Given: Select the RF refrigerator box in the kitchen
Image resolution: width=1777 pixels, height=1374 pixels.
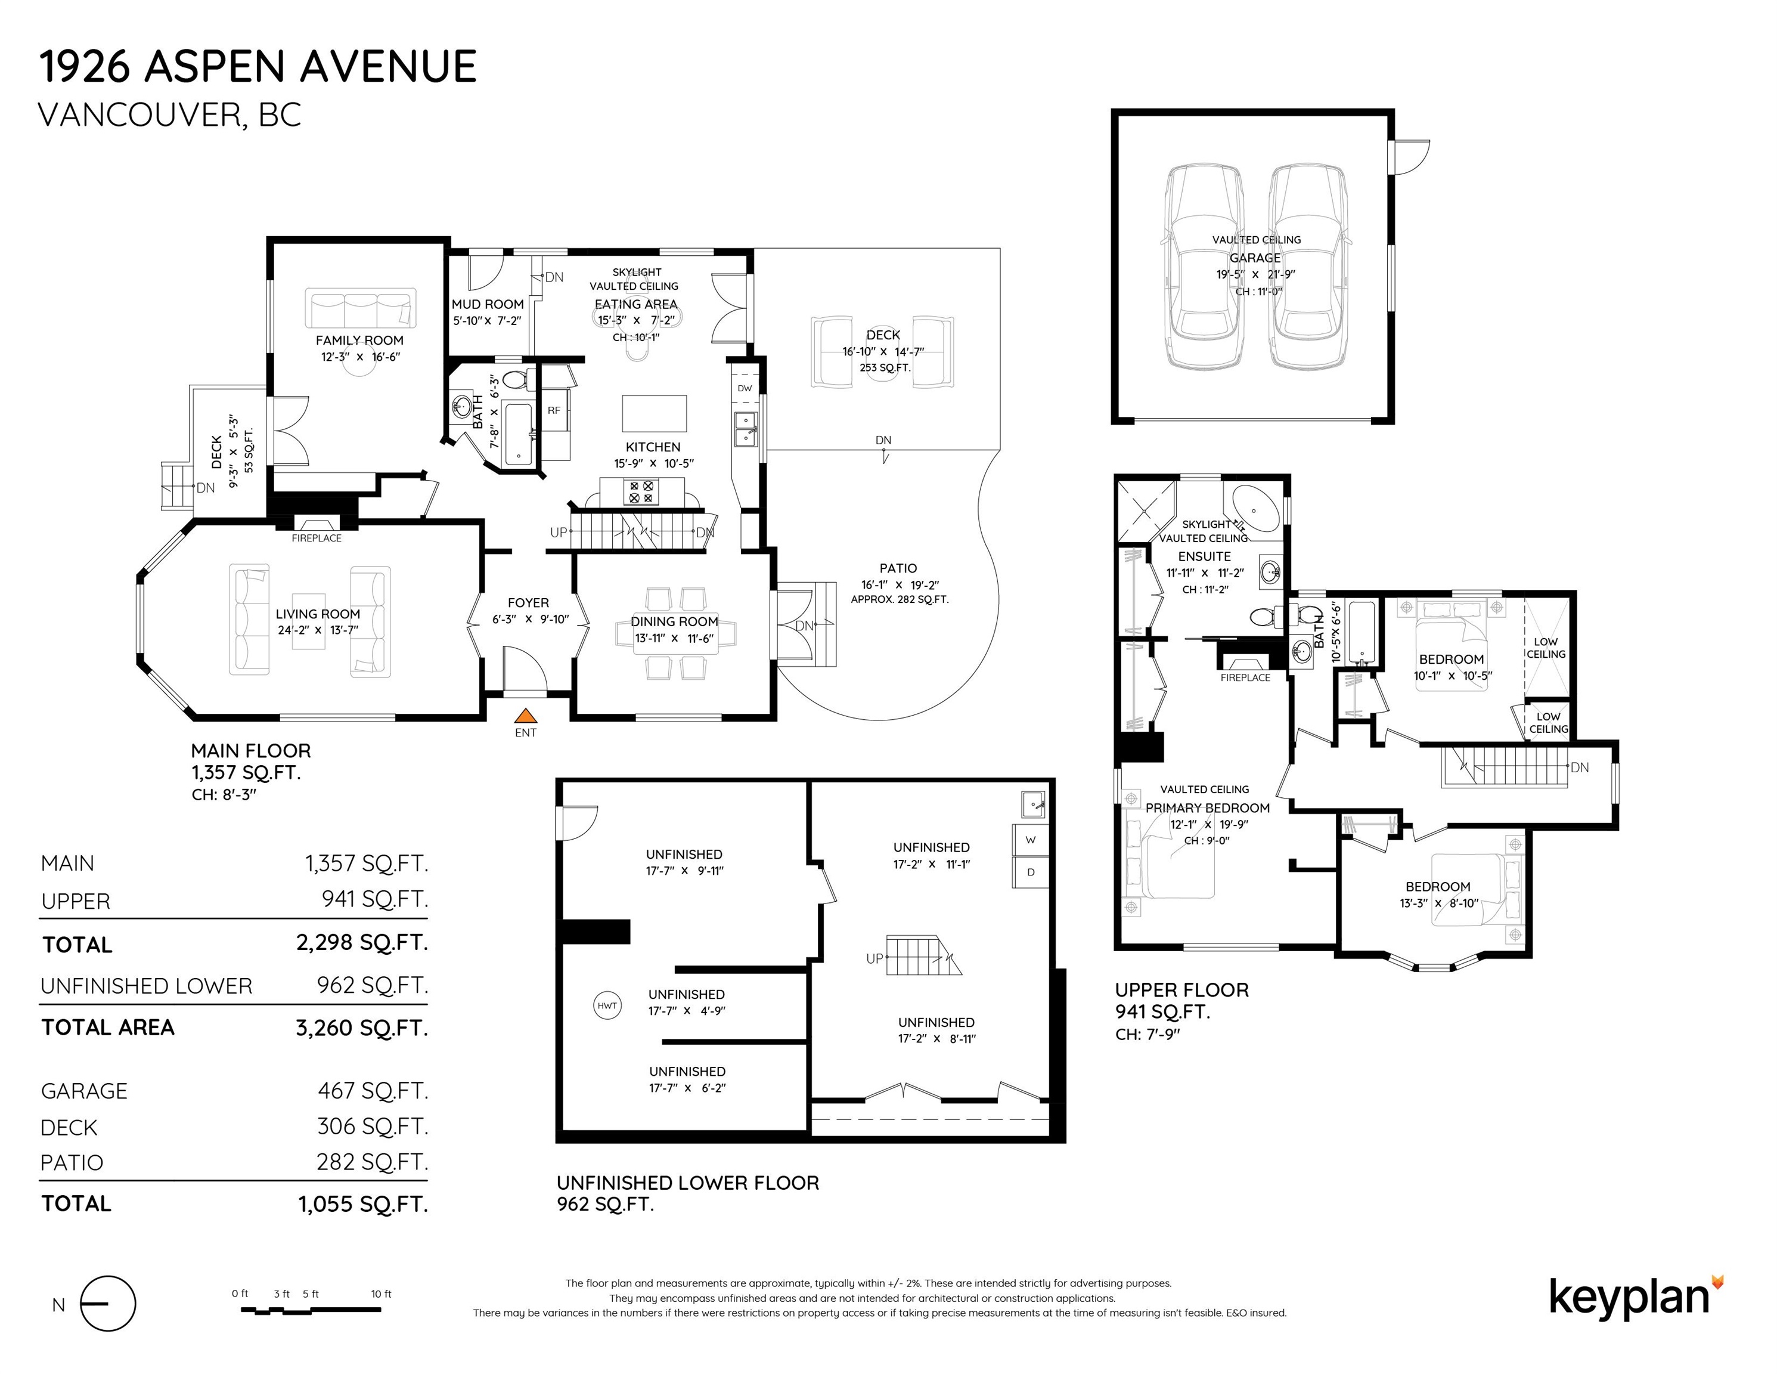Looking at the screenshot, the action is coord(555,410).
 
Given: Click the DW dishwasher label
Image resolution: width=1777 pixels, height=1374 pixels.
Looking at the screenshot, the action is coord(745,388).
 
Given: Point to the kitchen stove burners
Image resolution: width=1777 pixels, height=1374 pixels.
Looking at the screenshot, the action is coord(641,491).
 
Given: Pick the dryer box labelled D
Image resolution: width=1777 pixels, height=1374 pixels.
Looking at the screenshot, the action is coord(1030,872).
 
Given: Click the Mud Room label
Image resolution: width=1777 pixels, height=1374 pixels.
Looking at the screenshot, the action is coord(488,304).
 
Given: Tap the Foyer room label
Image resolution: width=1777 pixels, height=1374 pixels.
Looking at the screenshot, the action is coord(528,602).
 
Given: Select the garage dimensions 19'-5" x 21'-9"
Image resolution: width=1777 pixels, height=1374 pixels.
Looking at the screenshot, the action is coord(1255,274).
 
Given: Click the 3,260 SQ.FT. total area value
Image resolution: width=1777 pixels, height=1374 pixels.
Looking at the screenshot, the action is coord(361,1028).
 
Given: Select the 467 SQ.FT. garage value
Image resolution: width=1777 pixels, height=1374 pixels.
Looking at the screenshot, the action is coord(373,1090).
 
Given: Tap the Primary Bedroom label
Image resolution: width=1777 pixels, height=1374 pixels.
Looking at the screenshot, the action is coord(1208,807).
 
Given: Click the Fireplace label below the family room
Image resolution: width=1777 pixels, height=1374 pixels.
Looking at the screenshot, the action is coord(317,538).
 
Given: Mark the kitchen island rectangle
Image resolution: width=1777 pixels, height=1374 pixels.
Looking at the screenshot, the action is coord(654,413).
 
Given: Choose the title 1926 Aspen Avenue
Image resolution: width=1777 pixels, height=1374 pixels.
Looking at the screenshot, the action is coord(258,66).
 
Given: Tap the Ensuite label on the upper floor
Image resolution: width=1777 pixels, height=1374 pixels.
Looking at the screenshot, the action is coord(1204,557).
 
